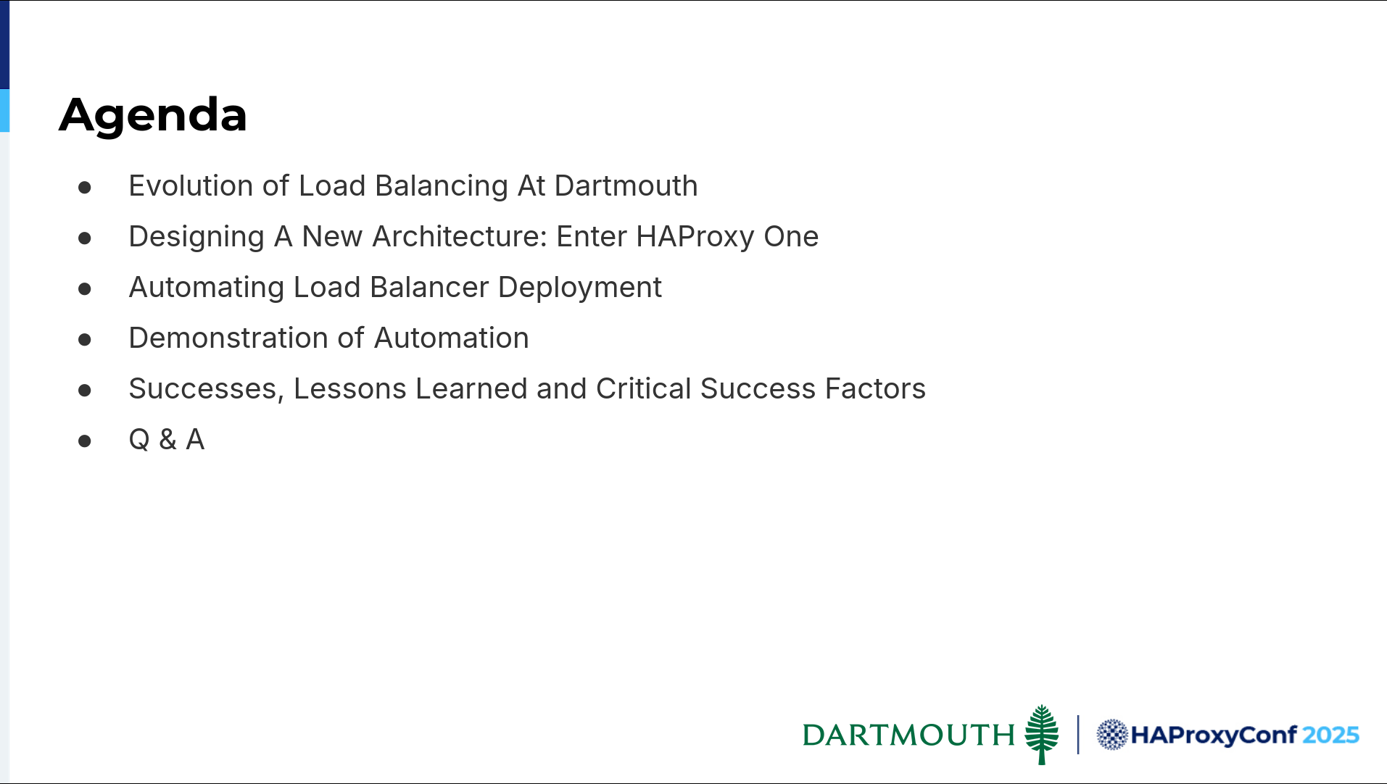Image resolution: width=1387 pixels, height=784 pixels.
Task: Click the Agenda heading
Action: point(153,115)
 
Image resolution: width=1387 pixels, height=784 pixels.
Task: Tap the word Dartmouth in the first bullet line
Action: point(626,186)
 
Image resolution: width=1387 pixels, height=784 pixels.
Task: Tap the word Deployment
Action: point(580,288)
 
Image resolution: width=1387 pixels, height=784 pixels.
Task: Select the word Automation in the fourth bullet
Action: point(452,338)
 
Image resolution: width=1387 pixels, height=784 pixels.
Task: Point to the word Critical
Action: point(644,389)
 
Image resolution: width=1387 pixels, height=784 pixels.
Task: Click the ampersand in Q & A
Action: point(167,440)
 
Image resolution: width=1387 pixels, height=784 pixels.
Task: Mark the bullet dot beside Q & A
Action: point(85,441)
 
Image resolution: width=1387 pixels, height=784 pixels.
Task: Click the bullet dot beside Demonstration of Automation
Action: point(85,339)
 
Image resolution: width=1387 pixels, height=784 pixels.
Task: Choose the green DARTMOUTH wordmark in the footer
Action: point(908,735)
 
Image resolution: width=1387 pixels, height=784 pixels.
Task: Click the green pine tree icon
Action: point(1042,734)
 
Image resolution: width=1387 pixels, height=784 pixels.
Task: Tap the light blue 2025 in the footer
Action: point(1330,735)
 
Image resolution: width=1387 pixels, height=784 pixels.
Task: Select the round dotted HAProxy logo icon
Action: point(1112,735)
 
